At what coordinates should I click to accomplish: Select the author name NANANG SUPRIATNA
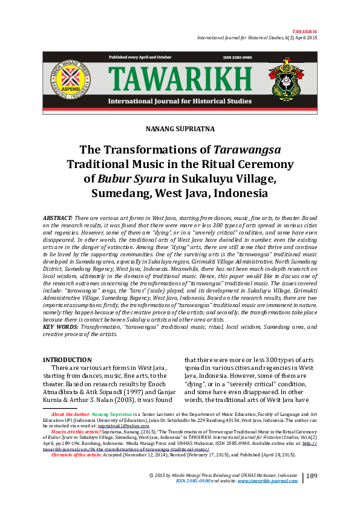point(180,129)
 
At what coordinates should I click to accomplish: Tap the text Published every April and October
point(140,57)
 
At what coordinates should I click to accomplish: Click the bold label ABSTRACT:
point(57,216)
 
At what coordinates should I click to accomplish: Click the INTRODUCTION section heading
point(67,360)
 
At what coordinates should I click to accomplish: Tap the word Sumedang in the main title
point(119,193)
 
